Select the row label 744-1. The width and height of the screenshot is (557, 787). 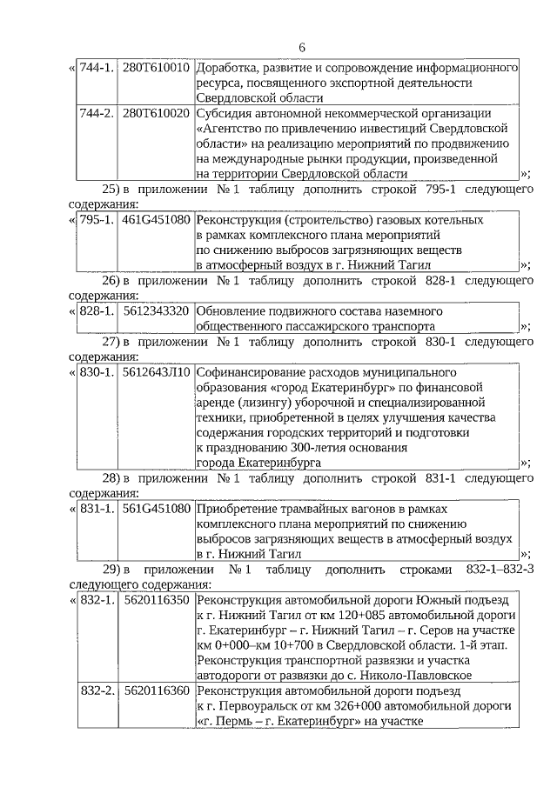click(x=97, y=67)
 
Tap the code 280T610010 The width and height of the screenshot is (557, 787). click(x=156, y=67)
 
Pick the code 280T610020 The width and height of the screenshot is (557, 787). click(x=156, y=114)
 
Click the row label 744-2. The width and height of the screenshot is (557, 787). click(x=97, y=114)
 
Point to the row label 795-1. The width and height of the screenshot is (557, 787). click(x=97, y=219)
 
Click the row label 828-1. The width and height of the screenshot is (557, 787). click(x=97, y=310)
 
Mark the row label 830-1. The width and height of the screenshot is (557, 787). click(x=97, y=372)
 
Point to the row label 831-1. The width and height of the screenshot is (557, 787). click(x=97, y=508)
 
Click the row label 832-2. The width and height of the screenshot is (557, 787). click(x=97, y=690)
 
